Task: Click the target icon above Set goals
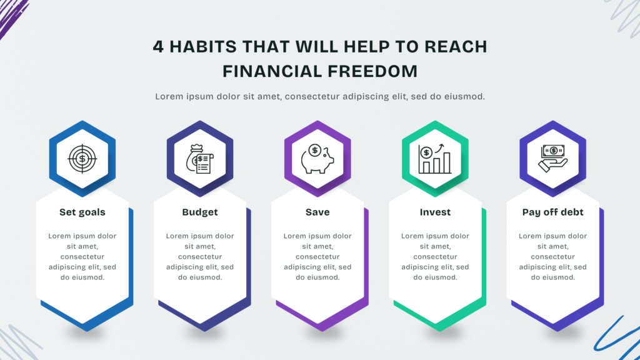pos(82,159)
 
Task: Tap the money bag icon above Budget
pos(199,159)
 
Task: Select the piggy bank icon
pos(317,159)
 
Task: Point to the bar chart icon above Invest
pos(435,159)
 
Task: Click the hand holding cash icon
pos(552,159)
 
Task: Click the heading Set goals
pos(82,212)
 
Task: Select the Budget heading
pos(200,212)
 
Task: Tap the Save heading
pos(317,212)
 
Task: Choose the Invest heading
pos(435,212)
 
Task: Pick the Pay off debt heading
pos(552,212)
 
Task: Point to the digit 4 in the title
pos(158,46)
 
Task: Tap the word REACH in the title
pos(456,46)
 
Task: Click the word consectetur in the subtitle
pos(312,97)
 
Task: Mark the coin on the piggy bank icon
pos(315,150)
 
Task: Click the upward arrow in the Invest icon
pos(439,147)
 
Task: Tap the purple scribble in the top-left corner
pos(12,17)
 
